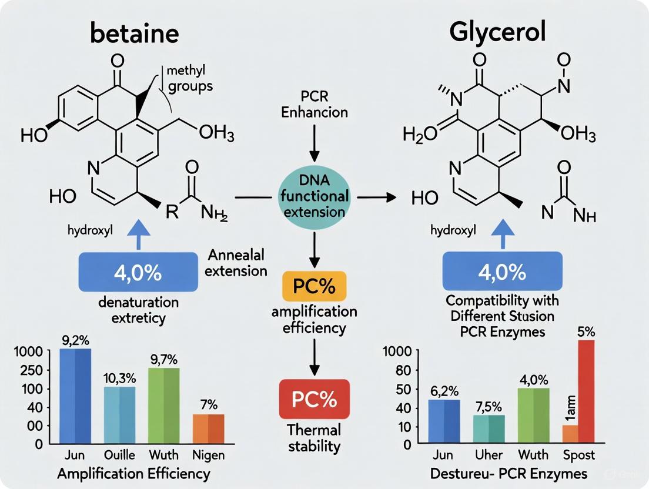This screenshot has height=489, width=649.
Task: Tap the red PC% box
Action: [314, 399]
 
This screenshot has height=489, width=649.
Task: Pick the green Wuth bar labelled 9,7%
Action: [163, 406]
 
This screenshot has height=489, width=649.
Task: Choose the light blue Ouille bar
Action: [119, 415]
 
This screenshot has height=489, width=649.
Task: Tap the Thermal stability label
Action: [315, 438]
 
